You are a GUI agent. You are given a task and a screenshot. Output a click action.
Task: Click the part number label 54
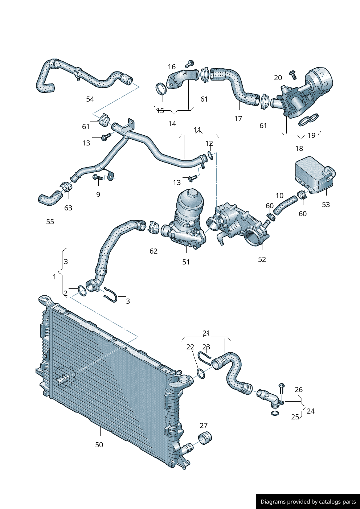(90, 99)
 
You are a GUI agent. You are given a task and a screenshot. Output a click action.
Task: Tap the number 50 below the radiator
(99, 445)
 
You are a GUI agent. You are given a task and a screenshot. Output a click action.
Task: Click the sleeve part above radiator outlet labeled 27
(205, 438)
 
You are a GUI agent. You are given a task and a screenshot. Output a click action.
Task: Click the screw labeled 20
(293, 75)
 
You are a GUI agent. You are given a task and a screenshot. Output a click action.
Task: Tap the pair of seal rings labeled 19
(308, 120)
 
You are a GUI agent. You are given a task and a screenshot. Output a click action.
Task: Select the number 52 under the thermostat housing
(262, 259)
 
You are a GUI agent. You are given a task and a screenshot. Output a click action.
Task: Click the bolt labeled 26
(282, 388)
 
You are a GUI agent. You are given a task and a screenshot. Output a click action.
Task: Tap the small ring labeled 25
(275, 413)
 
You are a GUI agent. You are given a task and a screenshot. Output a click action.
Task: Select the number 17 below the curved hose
(238, 119)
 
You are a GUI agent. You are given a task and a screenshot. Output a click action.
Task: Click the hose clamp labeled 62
(154, 228)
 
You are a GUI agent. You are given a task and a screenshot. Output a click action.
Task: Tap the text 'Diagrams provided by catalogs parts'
(308, 502)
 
